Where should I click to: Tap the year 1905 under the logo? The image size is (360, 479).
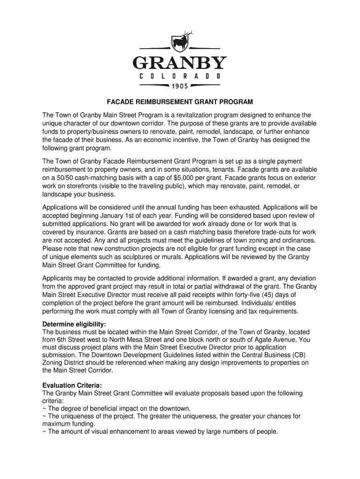[180, 86]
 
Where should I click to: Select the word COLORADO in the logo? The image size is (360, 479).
[180, 75]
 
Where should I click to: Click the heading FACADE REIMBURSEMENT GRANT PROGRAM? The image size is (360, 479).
[180, 102]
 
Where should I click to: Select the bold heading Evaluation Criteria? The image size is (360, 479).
[72, 385]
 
